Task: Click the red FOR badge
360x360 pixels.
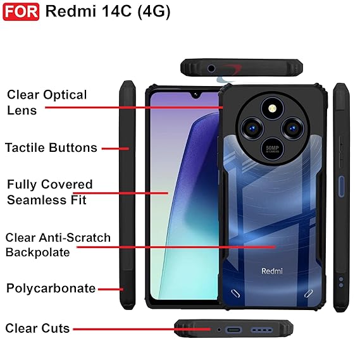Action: point(21,12)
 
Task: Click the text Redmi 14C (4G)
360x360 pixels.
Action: point(108,11)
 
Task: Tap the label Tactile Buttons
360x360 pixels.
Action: point(51,147)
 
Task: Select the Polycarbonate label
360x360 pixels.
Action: point(51,289)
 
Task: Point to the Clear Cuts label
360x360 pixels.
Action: point(37,328)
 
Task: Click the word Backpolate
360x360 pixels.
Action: point(38,252)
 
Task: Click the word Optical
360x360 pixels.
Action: point(65,96)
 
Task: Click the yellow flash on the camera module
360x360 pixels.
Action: point(273,108)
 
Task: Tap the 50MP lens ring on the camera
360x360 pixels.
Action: point(273,149)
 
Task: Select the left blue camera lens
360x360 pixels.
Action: point(252,128)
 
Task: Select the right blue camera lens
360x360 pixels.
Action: point(293,128)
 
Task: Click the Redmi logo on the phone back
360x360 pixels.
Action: point(272,271)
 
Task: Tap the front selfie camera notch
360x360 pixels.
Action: point(196,95)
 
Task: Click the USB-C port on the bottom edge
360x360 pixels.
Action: point(233,330)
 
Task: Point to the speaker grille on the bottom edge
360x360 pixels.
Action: point(262,330)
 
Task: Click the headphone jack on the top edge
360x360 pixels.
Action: point(211,68)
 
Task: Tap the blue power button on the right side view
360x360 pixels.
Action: point(342,187)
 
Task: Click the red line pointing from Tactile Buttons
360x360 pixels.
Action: point(115,149)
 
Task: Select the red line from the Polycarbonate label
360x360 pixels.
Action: point(111,289)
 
